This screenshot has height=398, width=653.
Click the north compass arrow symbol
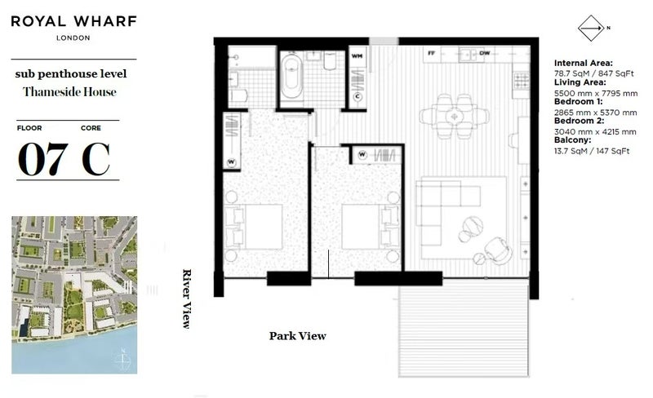click(x=591, y=29)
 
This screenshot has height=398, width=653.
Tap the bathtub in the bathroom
click(x=292, y=76)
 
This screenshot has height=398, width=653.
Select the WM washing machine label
click(x=357, y=55)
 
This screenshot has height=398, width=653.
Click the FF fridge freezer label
click(x=432, y=53)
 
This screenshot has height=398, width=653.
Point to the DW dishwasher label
click(x=484, y=53)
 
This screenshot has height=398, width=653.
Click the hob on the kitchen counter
click(x=521, y=81)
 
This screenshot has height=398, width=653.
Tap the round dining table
click(x=454, y=116)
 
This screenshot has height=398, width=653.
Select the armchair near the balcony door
click(x=498, y=250)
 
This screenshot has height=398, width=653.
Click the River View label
click(x=188, y=299)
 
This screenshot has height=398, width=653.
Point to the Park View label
click(x=297, y=336)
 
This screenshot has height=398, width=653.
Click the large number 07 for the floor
click(x=43, y=158)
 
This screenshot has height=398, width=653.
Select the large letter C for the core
click(x=96, y=158)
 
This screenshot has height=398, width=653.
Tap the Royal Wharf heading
click(x=73, y=21)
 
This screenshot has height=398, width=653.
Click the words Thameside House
click(x=69, y=92)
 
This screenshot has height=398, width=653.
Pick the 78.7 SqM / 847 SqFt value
click(x=593, y=73)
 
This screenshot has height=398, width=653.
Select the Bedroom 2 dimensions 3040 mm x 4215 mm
click(x=595, y=131)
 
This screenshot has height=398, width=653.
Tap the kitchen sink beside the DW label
click(x=468, y=55)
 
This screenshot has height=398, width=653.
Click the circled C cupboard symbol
click(x=358, y=97)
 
